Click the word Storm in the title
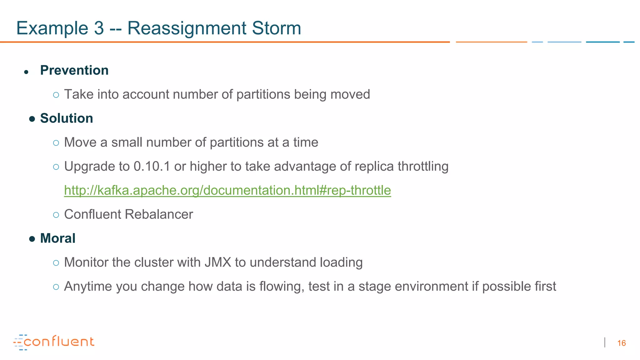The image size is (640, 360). click(276, 28)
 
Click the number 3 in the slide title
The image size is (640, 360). click(99, 28)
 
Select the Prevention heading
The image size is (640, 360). click(74, 70)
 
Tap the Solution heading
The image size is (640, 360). click(67, 118)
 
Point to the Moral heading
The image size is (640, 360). click(58, 238)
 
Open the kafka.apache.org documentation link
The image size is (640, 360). click(227, 190)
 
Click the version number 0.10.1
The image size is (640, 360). click(152, 166)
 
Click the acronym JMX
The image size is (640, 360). click(218, 262)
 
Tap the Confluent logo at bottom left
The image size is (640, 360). click(54, 342)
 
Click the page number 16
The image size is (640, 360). click(621, 343)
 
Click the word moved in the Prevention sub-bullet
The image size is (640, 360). click(350, 94)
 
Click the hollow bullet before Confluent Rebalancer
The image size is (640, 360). click(56, 215)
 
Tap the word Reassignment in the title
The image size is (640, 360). click(187, 28)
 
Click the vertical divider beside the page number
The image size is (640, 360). click(605, 342)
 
